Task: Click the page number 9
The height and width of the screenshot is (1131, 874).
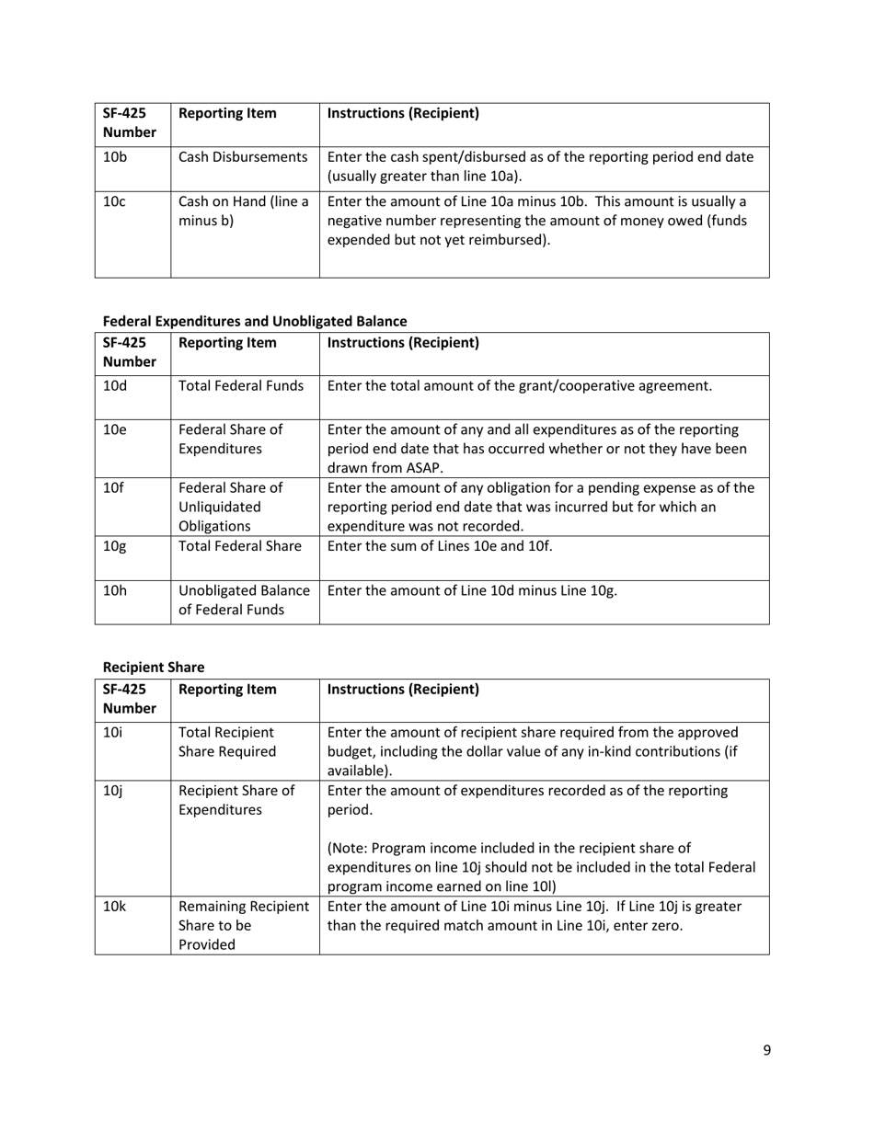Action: click(766, 1050)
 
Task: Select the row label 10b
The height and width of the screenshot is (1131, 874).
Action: click(115, 157)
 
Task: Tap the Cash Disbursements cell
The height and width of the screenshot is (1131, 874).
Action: click(243, 157)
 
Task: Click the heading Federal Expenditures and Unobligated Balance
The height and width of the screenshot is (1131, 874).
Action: click(255, 321)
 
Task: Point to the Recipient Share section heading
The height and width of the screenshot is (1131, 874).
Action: click(154, 667)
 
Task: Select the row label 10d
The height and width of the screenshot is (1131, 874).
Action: click(115, 385)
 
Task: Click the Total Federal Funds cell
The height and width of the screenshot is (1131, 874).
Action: click(241, 385)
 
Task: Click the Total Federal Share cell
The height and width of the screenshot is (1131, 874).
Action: click(240, 545)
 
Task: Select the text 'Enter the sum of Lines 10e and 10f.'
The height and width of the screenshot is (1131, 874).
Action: click(440, 545)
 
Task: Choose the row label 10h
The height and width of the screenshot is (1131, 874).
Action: click(115, 590)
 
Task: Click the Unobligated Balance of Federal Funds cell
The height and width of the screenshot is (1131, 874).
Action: click(245, 600)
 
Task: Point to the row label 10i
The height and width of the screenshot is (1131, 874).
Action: click(112, 732)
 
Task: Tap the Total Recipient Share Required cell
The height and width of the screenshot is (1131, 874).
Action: click(227, 742)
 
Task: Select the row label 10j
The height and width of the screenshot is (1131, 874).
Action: click(112, 791)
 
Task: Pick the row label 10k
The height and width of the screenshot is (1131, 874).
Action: click(114, 906)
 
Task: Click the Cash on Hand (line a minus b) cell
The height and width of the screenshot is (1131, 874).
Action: click(243, 211)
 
